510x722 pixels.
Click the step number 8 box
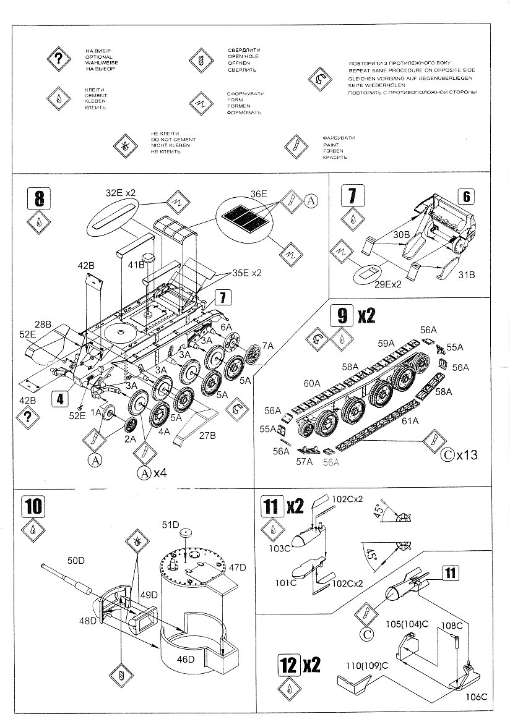[x=39, y=199]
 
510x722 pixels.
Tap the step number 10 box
[x=32, y=506]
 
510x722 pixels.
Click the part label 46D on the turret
[x=186, y=659]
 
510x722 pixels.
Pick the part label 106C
[x=476, y=697]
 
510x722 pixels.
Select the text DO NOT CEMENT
[x=166, y=139]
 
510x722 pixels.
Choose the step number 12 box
[x=288, y=665]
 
